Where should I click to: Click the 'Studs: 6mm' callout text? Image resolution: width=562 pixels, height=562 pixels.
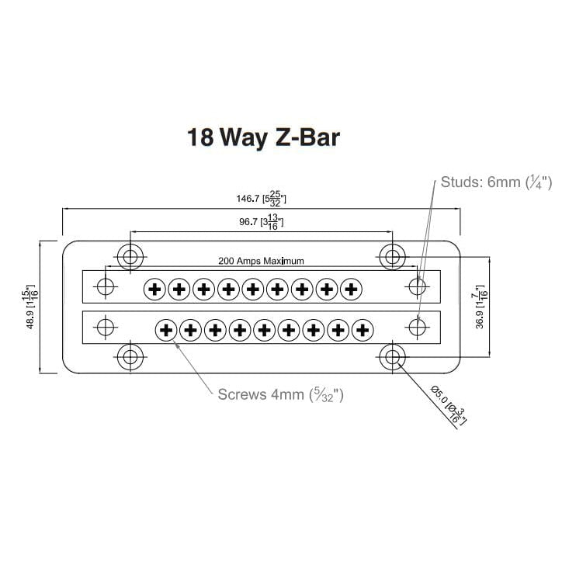(495, 183)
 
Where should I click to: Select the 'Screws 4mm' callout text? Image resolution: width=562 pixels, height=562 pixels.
(280, 394)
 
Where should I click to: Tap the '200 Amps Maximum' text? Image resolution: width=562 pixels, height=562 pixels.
(261, 261)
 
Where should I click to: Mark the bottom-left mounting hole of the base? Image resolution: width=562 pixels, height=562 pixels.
(129, 357)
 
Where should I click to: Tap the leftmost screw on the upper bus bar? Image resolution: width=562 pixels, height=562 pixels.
(155, 290)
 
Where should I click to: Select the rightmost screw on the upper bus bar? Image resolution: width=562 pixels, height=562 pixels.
(351, 290)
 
